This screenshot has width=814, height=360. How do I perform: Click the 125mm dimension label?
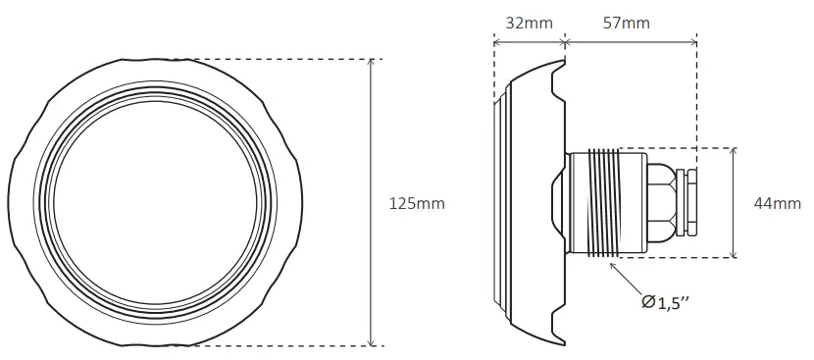pyautogui.click(x=417, y=203)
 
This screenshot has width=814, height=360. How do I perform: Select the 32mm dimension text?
pyautogui.click(x=529, y=21)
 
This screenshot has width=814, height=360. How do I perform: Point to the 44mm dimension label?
pyautogui.click(x=777, y=203)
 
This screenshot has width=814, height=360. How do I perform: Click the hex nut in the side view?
pyautogui.click(x=662, y=203)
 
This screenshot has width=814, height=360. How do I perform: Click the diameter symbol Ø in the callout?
pyautogui.click(x=647, y=304)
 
